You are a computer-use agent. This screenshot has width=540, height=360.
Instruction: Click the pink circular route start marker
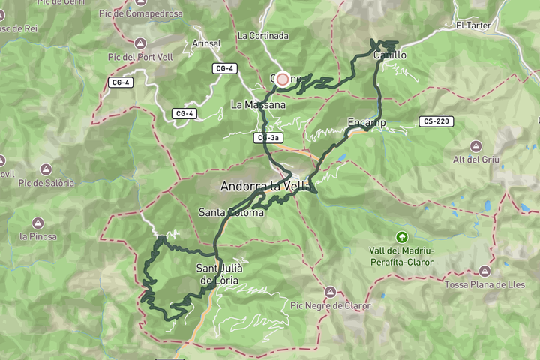283,79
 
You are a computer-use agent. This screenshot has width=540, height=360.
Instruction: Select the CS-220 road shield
436,121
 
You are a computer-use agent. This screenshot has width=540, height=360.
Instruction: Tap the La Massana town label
258,104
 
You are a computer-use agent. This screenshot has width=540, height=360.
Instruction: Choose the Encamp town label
366,121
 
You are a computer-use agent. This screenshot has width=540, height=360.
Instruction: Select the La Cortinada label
262,35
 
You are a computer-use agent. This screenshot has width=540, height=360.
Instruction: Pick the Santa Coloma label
231,212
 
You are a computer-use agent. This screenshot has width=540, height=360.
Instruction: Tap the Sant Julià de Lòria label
218,274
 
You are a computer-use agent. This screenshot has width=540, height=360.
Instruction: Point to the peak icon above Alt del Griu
475,145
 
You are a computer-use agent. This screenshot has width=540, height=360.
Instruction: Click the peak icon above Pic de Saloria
46,169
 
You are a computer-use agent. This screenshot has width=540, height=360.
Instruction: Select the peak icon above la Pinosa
37,223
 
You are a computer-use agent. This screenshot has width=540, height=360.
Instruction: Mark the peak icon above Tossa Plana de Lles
486,270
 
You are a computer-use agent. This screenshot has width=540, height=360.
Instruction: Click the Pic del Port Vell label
142,56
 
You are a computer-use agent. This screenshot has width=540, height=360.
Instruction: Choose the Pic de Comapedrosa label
145,13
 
